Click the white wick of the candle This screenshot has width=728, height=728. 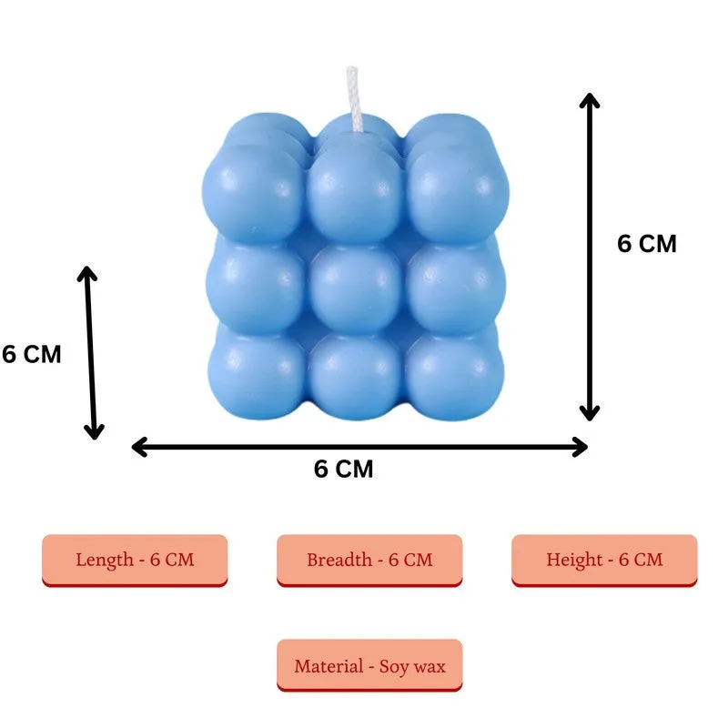(x=353, y=99)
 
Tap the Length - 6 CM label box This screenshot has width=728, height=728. (x=135, y=561)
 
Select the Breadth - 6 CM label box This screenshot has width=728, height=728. (x=369, y=561)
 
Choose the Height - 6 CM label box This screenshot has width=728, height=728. (x=604, y=561)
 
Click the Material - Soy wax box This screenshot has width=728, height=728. (x=369, y=665)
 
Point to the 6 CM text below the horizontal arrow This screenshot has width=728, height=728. (x=344, y=469)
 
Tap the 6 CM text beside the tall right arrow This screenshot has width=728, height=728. (x=647, y=244)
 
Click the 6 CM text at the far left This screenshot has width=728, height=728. (x=32, y=354)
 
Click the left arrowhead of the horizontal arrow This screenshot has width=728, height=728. (x=139, y=447)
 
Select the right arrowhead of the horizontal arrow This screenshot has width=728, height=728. (x=581, y=447)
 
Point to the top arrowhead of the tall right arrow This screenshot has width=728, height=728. (x=590, y=100)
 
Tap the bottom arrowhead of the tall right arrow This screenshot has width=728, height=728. (x=590, y=413)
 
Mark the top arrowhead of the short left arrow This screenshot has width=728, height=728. (x=86, y=274)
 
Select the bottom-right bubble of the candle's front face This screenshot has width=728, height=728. (x=454, y=375)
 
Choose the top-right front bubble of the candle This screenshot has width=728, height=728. (x=458, y=194)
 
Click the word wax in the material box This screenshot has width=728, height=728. (x=430, y=667)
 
